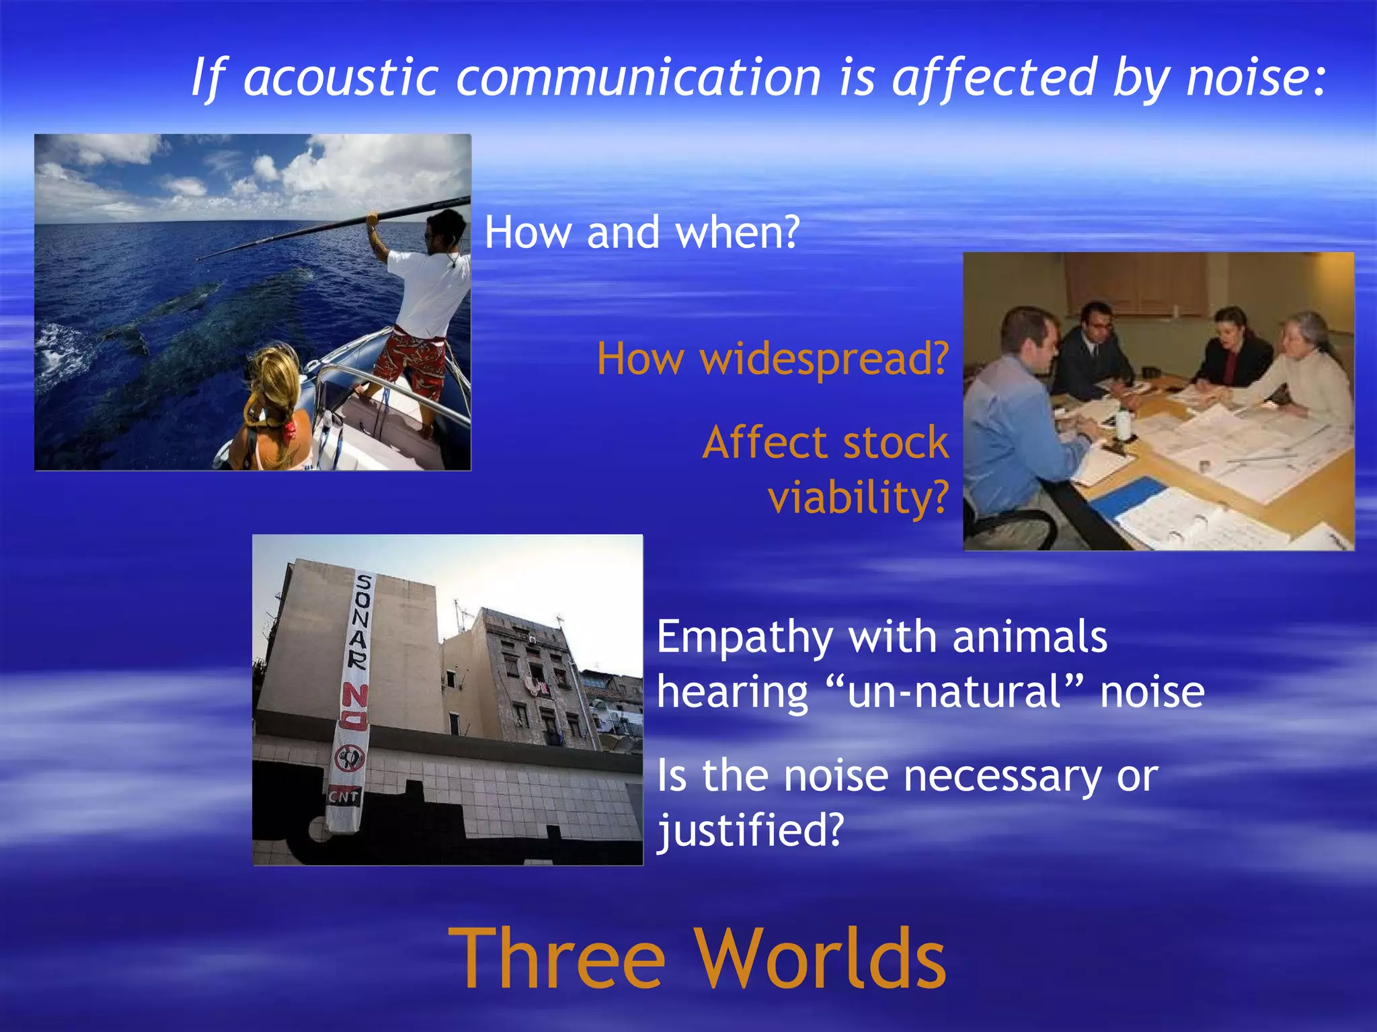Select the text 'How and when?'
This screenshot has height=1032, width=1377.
click(x=642, y=232)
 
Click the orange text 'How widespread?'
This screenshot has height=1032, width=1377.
click(x=773, y=359)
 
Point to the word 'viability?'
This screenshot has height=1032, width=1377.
click(x=858, y=498)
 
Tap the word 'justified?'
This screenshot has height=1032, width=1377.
click(x=750, y=830)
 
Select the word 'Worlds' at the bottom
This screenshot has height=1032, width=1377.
click(x=820, y=959)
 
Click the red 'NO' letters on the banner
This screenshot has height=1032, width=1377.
click(x=354, y=705)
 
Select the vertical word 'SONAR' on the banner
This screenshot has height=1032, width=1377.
click(x=361, y=621)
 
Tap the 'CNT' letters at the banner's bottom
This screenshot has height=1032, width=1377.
click(x=344, y=797)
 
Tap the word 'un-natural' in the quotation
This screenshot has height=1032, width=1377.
click(x=955, y=692)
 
